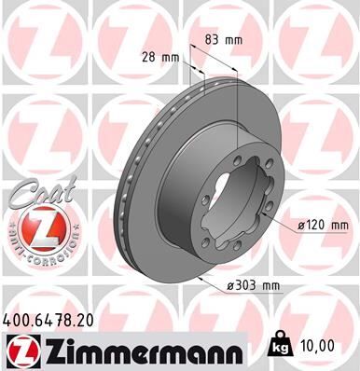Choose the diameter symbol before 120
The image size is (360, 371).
[x=302, y=225]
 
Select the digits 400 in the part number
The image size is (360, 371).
[x=21, y=319]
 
